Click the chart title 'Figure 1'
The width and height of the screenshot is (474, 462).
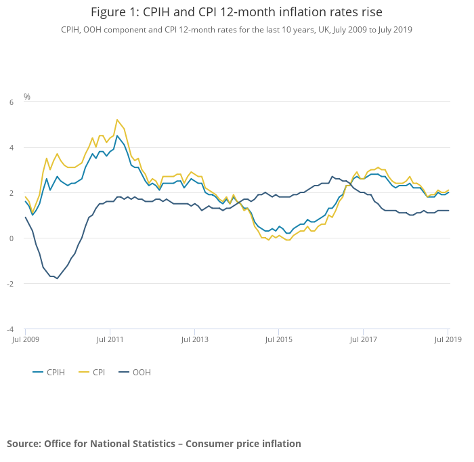(236, 13)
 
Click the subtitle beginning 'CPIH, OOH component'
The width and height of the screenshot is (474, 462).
(236, 30)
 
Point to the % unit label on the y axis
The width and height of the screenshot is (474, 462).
(27, 97)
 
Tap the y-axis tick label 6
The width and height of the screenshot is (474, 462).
(12, 102)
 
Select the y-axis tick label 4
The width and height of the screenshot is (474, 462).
(12, 148)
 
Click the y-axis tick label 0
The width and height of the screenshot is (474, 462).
(12, 238)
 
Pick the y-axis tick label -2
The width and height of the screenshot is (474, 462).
(10, 284)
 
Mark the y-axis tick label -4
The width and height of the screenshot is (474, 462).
(10, 329)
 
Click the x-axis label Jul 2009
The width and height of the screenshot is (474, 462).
(26, 338)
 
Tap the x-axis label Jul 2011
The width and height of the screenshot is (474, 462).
(110, 338)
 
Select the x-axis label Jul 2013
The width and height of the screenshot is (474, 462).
(194, 338)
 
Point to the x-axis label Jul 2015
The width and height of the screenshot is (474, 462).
(279, 338)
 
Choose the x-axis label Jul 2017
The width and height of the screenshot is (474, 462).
(364, 338)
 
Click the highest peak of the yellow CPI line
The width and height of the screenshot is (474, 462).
(117, 120)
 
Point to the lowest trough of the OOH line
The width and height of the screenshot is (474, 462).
(57, 278)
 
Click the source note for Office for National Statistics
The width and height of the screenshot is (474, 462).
(154, 444)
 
